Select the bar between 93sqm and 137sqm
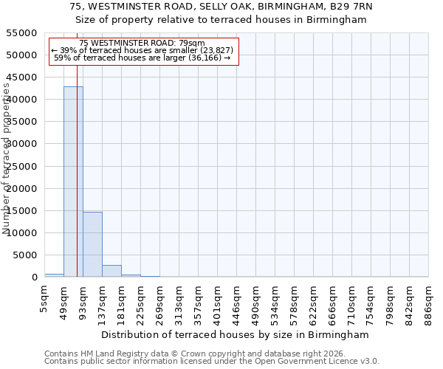92,244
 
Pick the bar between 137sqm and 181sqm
111,271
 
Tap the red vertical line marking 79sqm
77,184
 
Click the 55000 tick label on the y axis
22,33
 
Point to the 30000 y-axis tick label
22,144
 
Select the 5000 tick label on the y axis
25,255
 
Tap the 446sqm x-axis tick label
237,301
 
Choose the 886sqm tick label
429,301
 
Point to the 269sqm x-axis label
160,301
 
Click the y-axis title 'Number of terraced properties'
7,159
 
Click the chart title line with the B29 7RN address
221,7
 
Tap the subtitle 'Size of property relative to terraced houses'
221,20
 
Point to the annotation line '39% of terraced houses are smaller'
142,50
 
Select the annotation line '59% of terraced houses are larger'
142,58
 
